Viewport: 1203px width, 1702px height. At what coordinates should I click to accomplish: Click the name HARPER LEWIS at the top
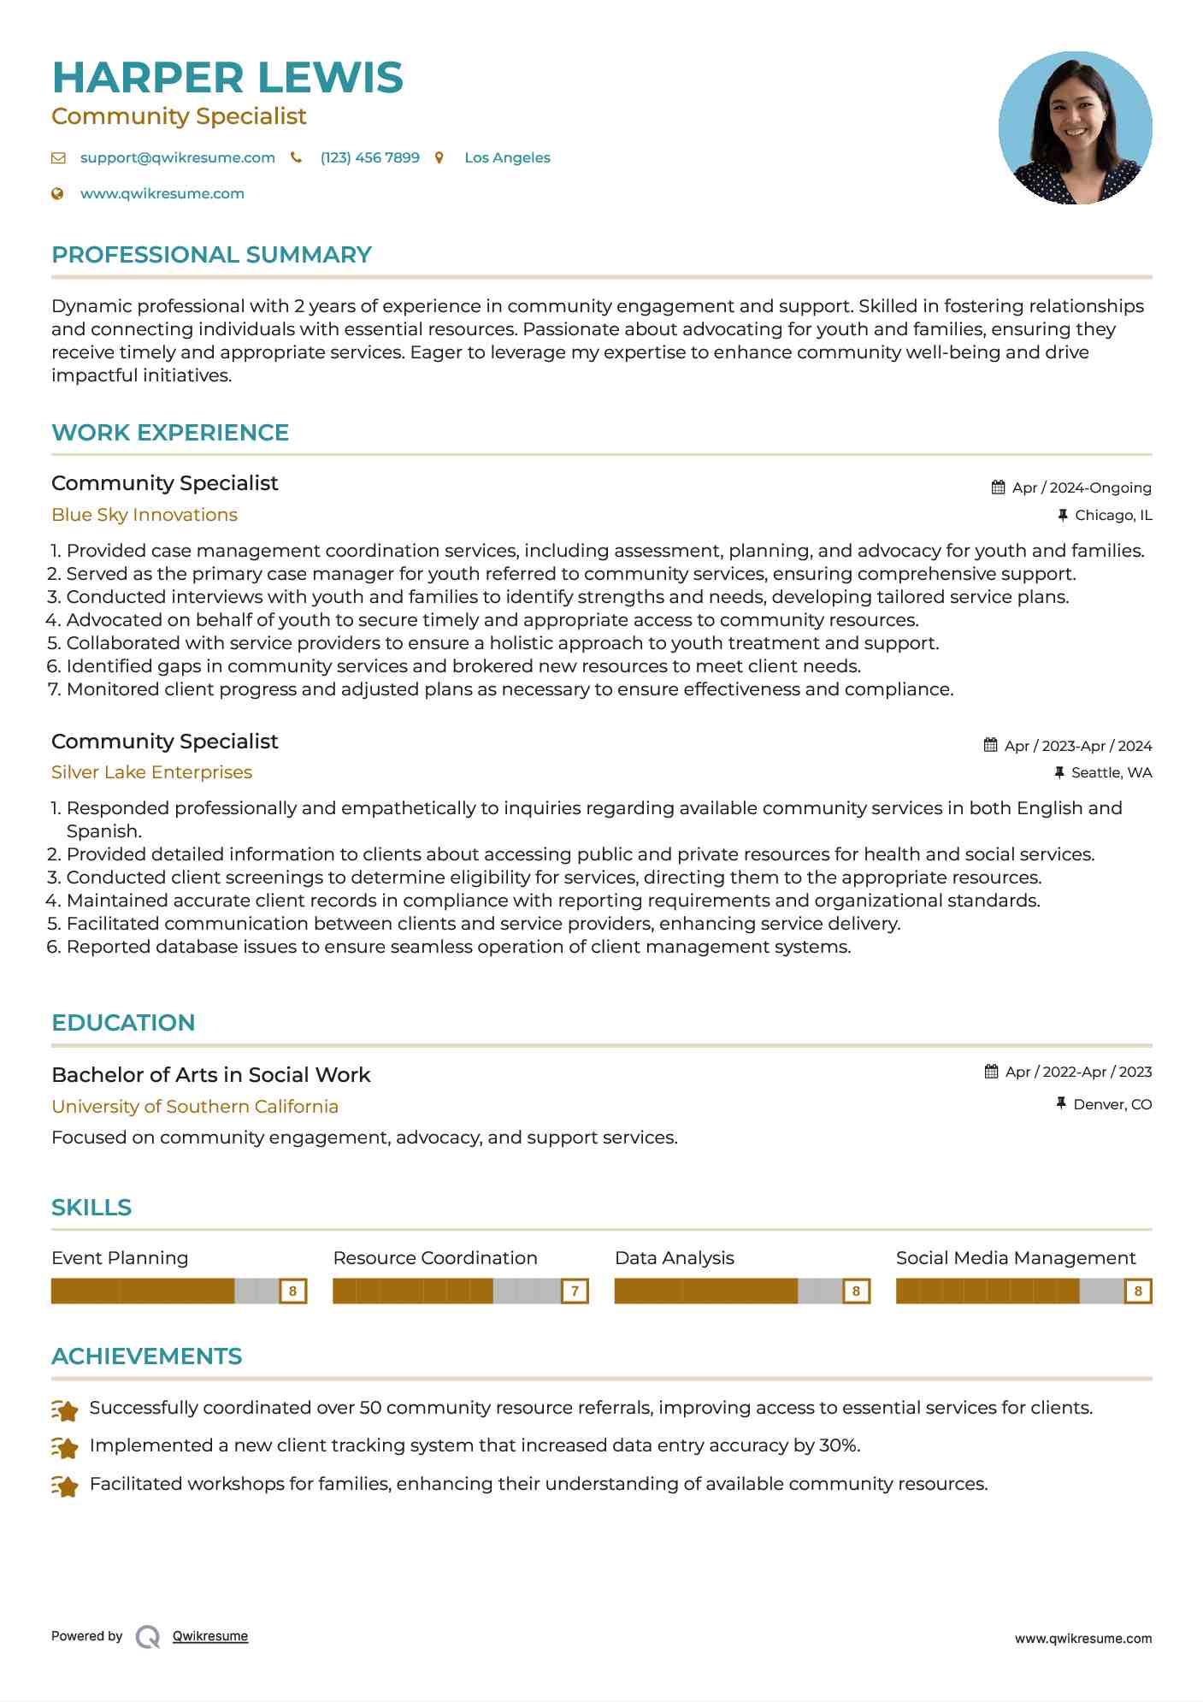227,78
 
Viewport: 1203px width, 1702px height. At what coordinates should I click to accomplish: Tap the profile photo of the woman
1075,128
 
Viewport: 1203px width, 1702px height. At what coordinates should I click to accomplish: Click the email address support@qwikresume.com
177,157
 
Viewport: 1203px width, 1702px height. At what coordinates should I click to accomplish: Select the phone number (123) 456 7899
369,157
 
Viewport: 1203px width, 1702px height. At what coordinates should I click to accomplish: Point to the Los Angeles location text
507,157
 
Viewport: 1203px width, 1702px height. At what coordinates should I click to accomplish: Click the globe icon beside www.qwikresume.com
58,193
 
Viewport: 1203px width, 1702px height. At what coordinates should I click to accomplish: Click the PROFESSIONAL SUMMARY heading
211,255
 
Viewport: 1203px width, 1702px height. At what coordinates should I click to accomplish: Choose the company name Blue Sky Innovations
144,515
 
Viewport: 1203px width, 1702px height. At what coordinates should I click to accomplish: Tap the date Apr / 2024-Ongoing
1081,488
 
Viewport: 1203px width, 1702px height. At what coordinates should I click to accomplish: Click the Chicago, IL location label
1112,515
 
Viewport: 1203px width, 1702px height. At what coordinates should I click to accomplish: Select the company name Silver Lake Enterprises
151,772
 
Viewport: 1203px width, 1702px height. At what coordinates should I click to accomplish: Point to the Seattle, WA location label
1111,772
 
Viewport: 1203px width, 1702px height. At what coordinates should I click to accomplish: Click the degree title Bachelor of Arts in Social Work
210,1075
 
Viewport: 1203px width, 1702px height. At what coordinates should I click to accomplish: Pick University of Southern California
195,1107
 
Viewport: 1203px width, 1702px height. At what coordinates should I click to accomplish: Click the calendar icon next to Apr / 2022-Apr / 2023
991,1072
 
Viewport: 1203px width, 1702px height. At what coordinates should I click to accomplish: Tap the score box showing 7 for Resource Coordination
575,1291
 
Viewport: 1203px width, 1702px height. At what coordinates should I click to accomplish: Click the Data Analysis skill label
674,1258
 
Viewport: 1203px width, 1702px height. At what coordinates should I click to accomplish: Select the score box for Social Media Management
1137,1291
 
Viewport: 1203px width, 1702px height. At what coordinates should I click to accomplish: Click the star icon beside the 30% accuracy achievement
65,1447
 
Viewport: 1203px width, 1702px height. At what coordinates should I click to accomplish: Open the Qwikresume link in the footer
209,1636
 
